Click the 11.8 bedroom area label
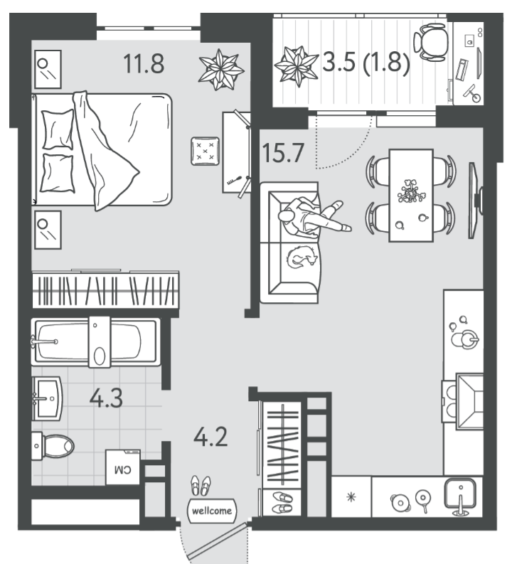pos(144,64)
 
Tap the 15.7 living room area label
pos(283,153)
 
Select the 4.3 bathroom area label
pos(106,399)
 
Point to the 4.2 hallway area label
pos(210,437)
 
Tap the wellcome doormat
pos(212,511)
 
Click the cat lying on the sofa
pos(302,256)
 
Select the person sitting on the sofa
pos(310,218)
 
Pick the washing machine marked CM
pos(122,467)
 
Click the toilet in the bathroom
pos(53,446)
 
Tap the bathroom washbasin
pos(47,398)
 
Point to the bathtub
pos(95,341)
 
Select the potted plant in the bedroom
pos(220,70)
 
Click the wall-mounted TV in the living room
pos(475,201)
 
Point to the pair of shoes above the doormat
pos(201,485)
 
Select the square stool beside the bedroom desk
pos(205,151)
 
